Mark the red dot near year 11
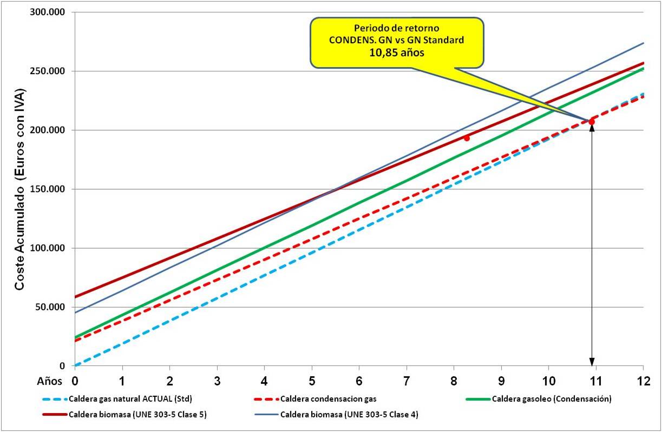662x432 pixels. point(592,122)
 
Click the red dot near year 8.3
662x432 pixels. point(467,138)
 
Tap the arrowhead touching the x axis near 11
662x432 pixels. point(592,362)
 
